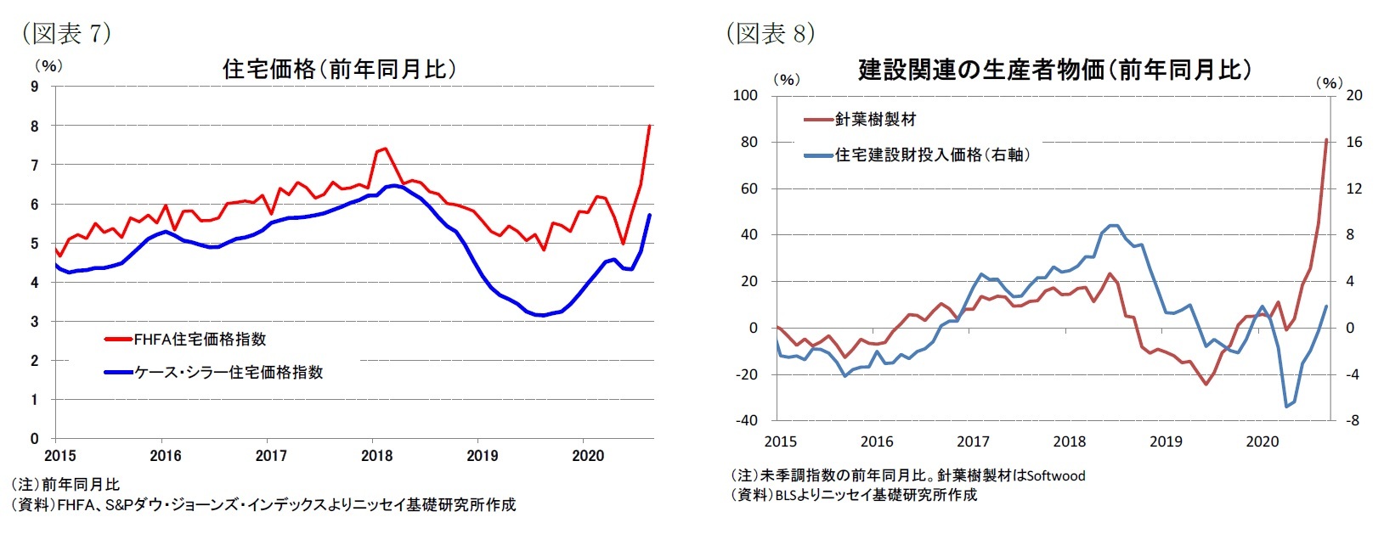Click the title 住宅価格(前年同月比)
point(338,69)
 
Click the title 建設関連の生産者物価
point(1054,70)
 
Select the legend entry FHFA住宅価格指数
point(200,340)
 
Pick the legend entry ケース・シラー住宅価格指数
point(228,372)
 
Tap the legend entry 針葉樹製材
point(874,120)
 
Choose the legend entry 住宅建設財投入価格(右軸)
point(932,155)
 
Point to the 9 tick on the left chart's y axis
point(35,86)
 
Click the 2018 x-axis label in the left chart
point(376,456)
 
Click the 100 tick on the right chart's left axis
point(745,95)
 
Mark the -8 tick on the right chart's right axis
point(1353,420)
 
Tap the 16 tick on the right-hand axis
point(1353,142)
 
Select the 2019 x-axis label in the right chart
point(1166,441)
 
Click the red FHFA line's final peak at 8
point(650,126)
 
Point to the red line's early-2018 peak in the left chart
point(385,149)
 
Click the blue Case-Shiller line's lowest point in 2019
point(540,315)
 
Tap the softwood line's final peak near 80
point(1326,140)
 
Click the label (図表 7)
point(66,32)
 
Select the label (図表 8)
point(770,32)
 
